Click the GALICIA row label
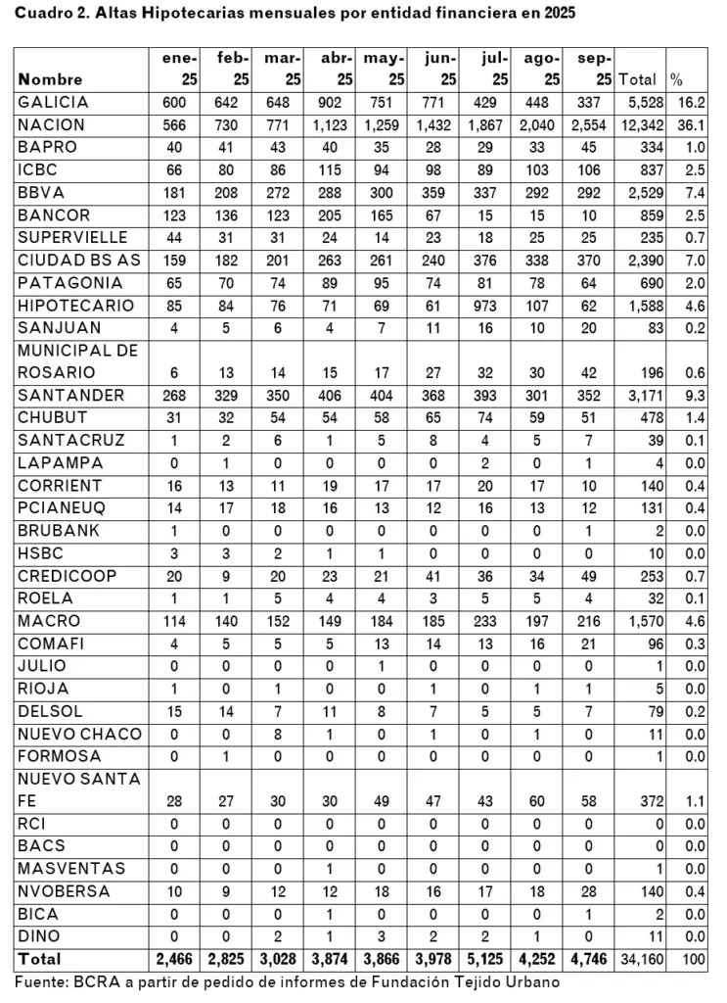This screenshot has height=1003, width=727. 53,102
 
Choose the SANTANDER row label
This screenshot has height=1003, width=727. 70,395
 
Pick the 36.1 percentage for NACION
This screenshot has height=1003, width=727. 694,124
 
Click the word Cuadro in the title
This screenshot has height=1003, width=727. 43,14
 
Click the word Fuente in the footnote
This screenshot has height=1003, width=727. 40,981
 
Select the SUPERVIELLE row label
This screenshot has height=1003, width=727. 72,237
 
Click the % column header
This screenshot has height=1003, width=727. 676,79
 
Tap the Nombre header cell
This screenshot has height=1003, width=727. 50,79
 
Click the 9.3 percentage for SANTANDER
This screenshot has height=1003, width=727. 696,395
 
